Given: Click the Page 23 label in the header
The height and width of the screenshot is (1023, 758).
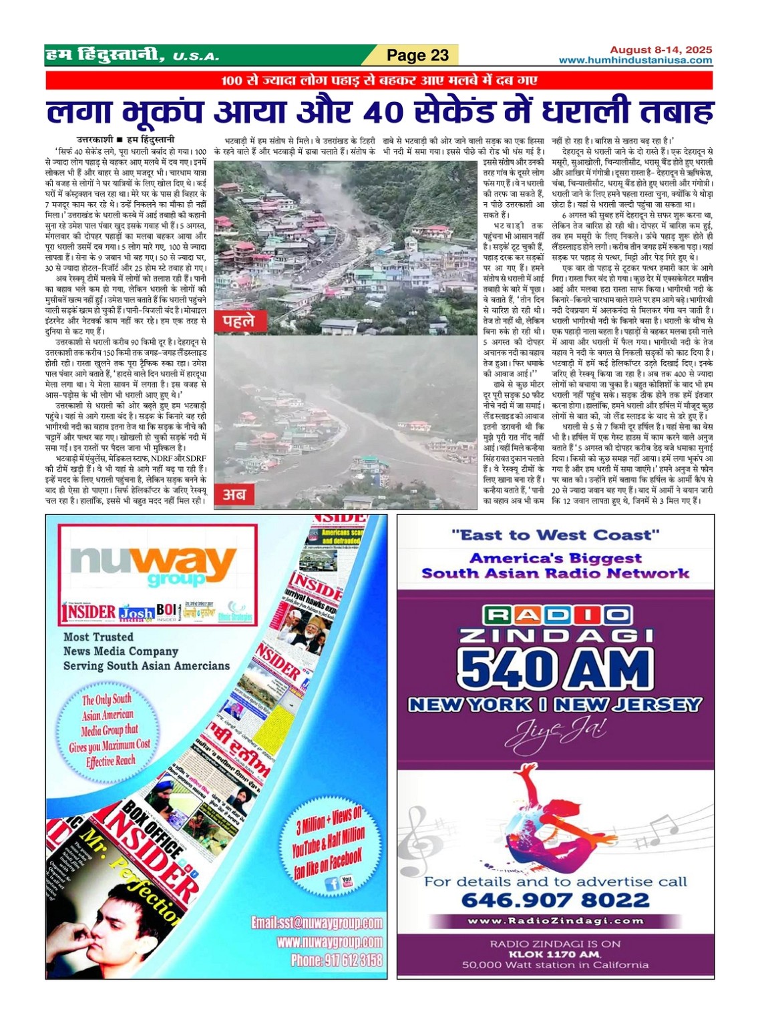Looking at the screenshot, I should click(x=418, y=55).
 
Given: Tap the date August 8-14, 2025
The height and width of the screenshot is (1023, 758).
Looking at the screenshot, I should click(x=660, y=49).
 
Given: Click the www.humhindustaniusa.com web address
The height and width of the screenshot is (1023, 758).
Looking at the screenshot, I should click(x=635, y=60).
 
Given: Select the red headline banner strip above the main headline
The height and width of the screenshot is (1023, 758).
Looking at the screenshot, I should click(x=379, y=81).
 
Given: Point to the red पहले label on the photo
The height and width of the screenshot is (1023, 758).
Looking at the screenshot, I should click(x=238, y=321).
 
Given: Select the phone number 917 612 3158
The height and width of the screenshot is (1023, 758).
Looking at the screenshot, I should click(x=336, y=960).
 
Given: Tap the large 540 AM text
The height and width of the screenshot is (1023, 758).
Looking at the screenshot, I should click(x=555, y=667).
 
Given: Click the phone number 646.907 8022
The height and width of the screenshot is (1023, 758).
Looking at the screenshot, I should click(x=555, y=900).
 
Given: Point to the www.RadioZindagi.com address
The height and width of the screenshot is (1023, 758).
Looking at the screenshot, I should click(x=556, y=921).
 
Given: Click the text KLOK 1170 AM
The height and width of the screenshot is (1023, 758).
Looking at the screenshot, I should click(x=555, y=954).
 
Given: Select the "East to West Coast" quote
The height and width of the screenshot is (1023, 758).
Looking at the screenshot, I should click(x=555, y=535).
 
